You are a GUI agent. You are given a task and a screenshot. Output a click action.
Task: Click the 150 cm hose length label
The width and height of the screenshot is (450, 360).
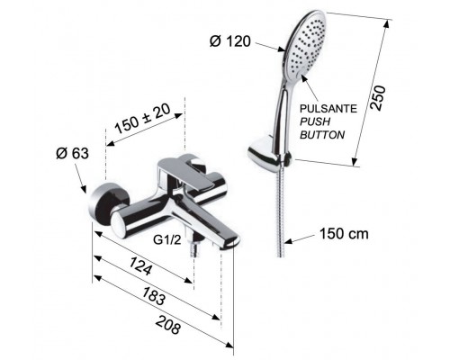[345, 234]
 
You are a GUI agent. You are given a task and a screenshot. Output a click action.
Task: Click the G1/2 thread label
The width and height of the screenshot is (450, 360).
[166, 241]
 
